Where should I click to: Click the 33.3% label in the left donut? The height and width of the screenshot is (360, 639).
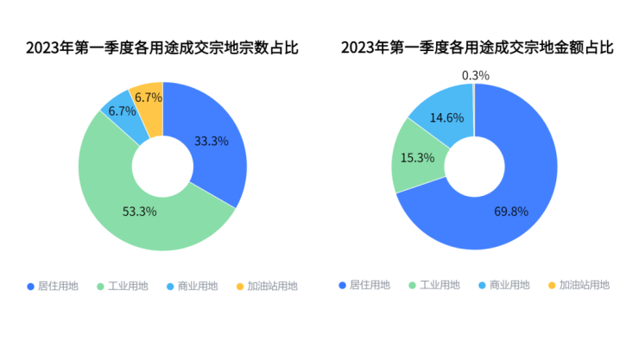(x=211, y=141)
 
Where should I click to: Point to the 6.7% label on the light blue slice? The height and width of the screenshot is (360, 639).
(x=123, y=111)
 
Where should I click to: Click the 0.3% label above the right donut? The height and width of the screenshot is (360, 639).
(x=476, y=75)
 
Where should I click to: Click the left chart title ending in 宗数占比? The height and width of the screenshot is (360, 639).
(x=162, y=47)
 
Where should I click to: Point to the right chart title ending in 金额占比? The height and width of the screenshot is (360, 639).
(x=478, y=47)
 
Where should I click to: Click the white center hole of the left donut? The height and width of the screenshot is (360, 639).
(x=162, y=167)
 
